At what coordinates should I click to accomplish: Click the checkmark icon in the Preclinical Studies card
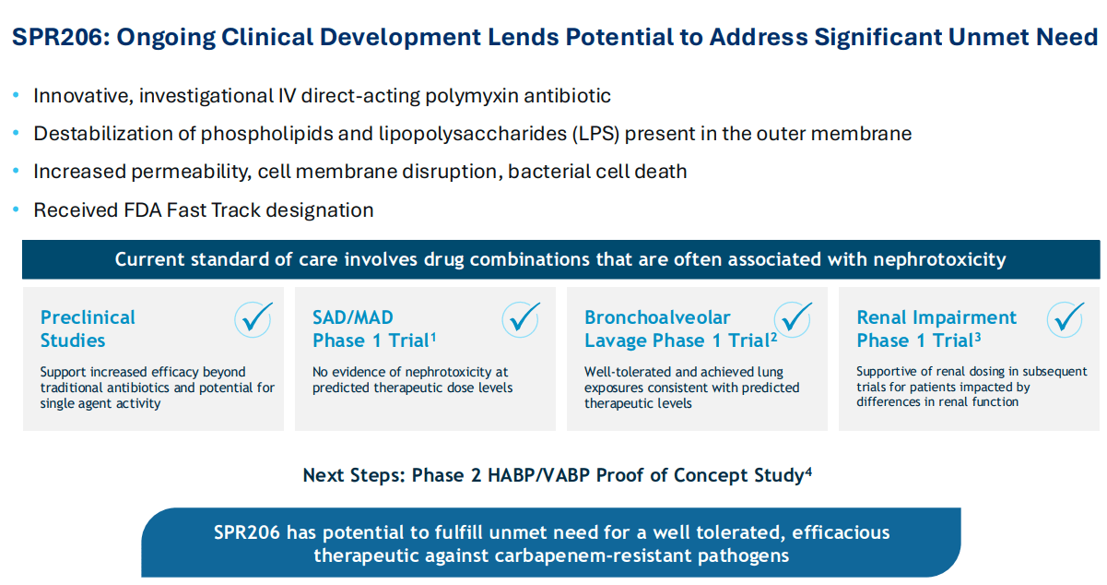click(253, 319)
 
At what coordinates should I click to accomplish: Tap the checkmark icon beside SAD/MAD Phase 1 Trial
click(521, 319)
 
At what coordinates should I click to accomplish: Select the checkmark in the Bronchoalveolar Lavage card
click(793, 319)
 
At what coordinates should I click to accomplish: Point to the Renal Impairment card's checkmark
click(1066, 319)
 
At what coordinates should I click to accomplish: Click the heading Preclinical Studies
click(88, 328)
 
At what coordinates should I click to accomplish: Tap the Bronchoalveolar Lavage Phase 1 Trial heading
click(677, 328)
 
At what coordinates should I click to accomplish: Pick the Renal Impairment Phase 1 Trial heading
click(936, 328)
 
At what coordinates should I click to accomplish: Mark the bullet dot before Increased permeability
click(16, 172)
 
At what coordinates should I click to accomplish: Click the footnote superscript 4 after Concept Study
click(808, 472)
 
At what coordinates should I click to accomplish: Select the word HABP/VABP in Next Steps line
click(524, 476)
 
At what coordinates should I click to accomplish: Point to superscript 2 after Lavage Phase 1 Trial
click(774, 337)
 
